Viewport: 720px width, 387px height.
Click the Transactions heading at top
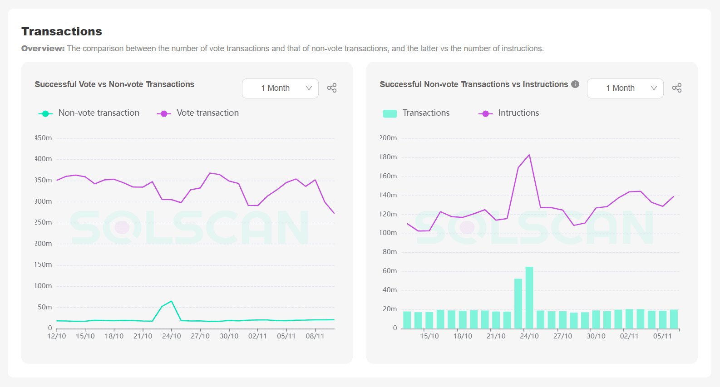click(x=62, y=31)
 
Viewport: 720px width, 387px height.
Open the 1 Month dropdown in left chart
click(x=280, y=88)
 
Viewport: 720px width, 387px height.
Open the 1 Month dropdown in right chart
click(x=625, y=88)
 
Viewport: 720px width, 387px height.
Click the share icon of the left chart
click(x=332, y=88)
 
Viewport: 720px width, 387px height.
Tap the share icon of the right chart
click(x=677, y=88)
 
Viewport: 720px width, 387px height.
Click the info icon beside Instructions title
click(x=575, y=84)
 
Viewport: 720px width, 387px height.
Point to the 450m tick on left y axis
click(x=44, y=138)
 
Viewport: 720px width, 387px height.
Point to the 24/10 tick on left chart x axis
click(x=172, y=336)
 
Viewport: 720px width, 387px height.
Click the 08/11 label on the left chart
click(x=315, y=336)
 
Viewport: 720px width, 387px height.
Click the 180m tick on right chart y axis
click(x=388, y=157)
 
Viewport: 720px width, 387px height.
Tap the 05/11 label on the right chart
click(x=662, y=336)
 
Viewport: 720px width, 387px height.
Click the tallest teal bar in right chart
click(x=529, y=297)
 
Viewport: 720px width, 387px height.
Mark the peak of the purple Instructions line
click(x=529, y=155)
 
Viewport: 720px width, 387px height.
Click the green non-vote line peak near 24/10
click(x=171, y=301)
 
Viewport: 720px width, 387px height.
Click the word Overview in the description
click(x=43, y=49)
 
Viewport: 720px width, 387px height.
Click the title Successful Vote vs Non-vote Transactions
click(x=114, y=84)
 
